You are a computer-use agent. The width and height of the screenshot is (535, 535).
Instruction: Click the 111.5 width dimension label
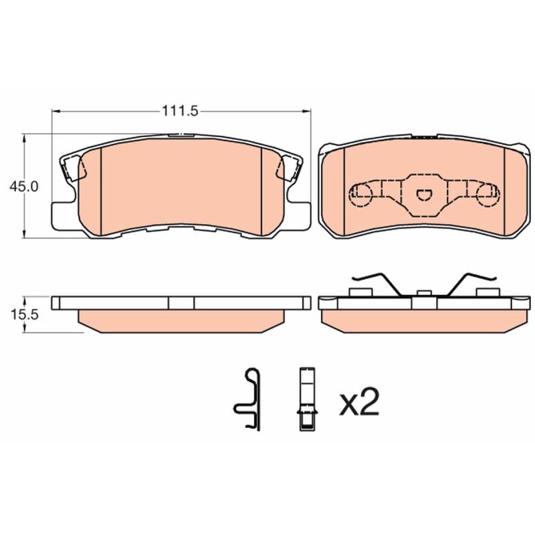pos(180,111)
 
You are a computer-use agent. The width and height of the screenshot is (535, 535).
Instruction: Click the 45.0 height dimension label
pos(24,187)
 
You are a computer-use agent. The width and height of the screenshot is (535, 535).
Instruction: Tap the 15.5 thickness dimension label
pos(24,314)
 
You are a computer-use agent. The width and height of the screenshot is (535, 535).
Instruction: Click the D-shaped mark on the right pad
pos(424,195)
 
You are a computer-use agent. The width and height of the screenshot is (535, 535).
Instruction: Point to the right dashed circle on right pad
pos(488,195)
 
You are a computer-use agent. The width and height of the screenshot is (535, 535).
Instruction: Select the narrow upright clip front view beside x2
pos(307,399)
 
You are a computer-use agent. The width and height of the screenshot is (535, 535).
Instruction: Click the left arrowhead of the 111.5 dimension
pos(56,111)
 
